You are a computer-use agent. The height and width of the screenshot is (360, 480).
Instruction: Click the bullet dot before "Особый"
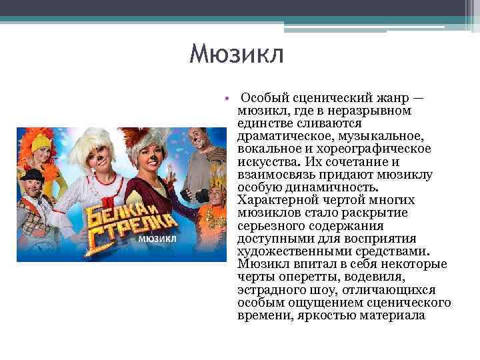(227, 99)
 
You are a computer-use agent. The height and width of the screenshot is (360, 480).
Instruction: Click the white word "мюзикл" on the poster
(158, 237)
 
